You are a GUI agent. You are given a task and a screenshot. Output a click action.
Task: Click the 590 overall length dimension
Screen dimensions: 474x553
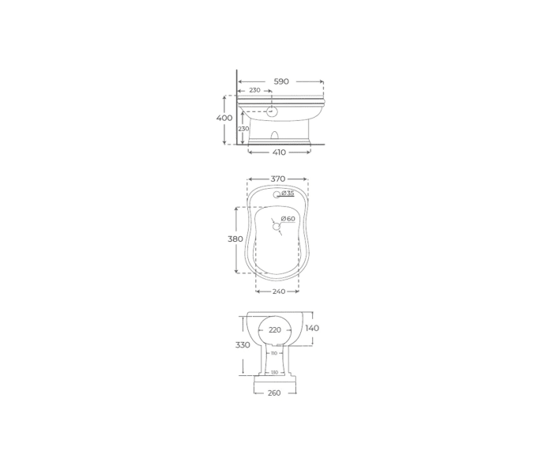tap(281, 81)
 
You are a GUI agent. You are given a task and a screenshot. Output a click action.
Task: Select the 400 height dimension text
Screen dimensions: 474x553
tap(224, 118)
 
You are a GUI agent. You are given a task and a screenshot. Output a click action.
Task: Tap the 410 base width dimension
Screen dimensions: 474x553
tap(279, 152)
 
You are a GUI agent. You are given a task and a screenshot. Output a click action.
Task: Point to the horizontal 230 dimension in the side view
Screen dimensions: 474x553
tap(254, 91)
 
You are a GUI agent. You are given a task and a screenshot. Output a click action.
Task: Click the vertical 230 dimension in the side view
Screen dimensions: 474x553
tap(244, 128)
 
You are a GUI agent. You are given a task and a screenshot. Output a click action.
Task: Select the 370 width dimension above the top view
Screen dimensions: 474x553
tap(278, 179)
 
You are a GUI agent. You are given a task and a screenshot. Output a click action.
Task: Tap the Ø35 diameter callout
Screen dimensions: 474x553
tap(288, 194)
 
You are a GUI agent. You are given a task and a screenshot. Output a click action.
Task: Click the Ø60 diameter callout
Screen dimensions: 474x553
tap(288, 219)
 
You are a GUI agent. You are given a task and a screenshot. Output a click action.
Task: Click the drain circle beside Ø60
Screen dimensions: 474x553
tap(276, 227)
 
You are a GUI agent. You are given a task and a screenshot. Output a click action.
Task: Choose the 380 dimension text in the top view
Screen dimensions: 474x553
tap(235, 239)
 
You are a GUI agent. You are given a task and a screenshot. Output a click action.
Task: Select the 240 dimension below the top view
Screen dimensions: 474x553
tap(278, 292)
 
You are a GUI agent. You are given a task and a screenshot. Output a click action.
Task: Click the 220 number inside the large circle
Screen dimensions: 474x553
tap(275, 330)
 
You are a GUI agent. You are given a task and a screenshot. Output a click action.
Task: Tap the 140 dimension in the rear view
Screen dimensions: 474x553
tap(312, 328)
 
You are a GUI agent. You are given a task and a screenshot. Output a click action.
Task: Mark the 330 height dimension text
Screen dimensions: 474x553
tap(243, 345)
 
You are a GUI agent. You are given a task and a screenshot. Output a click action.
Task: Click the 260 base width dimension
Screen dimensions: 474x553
tap(274, 393)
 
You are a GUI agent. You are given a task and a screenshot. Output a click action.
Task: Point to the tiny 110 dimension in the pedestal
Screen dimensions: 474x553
tap(274, 353)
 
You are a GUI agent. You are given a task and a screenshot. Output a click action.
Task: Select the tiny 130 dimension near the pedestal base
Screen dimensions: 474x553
tap(274, 372)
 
